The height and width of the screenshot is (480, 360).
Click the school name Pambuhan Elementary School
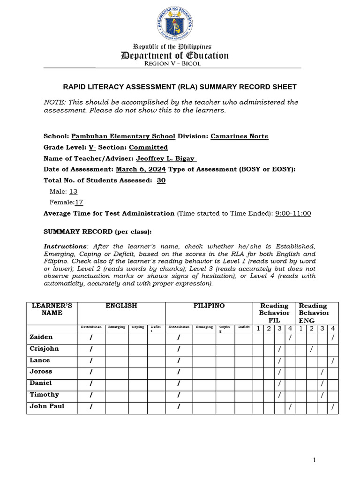click(123, 136)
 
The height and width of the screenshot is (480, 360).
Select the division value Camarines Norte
click(240, 136)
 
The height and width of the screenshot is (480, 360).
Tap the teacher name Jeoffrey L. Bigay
click(166, 159)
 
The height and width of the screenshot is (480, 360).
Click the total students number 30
click(161, 180)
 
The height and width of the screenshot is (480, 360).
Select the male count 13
click(74, 192)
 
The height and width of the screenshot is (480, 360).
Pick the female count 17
click(79, 202)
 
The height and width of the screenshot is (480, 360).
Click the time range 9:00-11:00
click(293, 214)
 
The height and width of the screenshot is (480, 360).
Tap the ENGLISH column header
click(121, 306)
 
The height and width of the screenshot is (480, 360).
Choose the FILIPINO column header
click(209, 306)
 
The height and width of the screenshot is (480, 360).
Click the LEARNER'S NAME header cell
click(52, 309)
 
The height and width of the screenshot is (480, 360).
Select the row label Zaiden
click(41, 337)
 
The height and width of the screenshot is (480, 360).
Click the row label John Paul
click(47, 406)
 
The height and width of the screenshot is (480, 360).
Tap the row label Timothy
click(45, 395)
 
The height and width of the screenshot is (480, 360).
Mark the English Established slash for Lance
click(91, 360)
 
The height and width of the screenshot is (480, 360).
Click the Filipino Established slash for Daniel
click(179, 383)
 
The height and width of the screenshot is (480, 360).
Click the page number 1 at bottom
click(315, 460)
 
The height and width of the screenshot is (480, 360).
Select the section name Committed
click(148, 148)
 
